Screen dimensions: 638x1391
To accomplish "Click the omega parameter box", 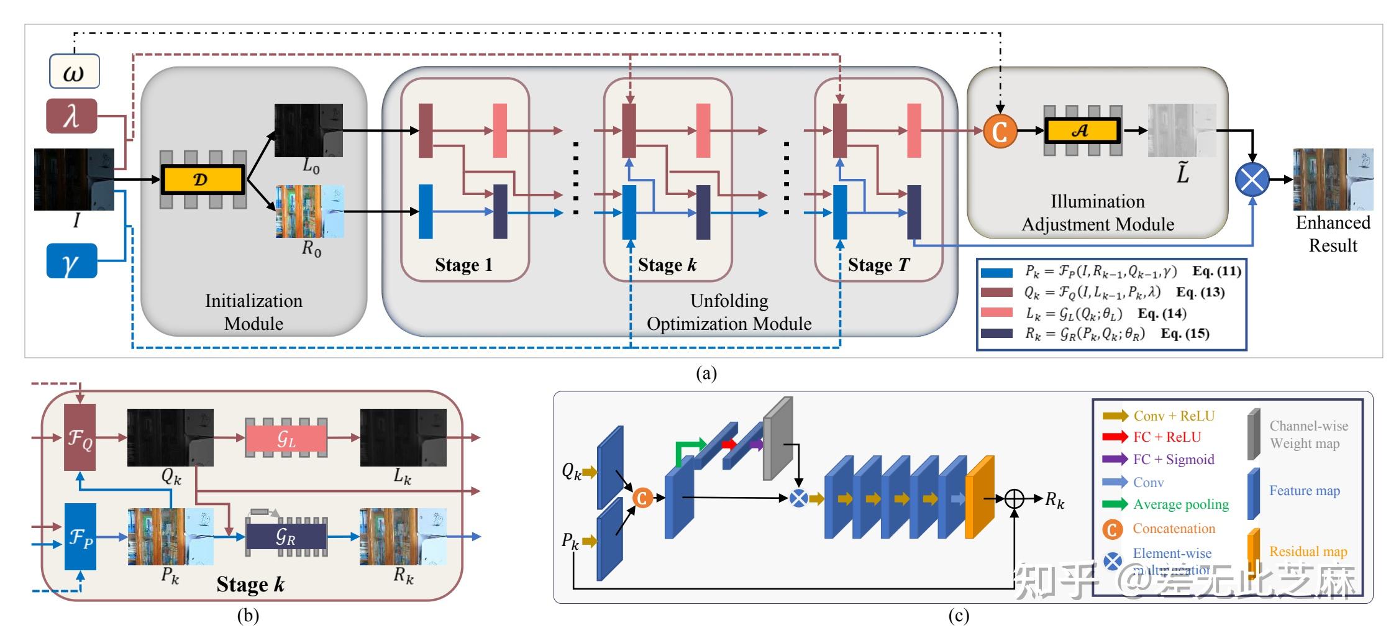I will (75, 72).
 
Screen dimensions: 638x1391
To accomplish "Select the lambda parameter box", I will (72, 116).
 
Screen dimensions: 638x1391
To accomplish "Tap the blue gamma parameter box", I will (72, 261).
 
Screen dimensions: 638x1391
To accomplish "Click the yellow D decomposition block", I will (203, 180).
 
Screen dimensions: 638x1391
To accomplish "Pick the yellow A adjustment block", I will (1082, 130).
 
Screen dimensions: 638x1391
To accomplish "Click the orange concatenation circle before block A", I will (1000, 131).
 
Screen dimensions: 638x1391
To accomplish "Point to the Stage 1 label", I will (463, 265).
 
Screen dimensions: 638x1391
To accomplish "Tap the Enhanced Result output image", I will (1333, 180).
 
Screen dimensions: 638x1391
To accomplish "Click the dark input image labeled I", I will (74, 179).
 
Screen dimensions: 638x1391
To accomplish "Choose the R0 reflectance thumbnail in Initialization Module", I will (310, 211).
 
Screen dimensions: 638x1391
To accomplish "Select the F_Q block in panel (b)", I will (80, 437).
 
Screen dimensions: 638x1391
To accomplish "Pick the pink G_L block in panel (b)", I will (286, 438).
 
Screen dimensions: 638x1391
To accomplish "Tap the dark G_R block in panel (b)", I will (286, 537).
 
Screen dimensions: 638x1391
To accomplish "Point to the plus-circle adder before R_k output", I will (1015, 498).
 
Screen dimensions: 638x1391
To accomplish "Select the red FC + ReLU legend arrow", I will (1115, 437).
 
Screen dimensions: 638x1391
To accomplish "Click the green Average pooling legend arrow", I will (1115, 504).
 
